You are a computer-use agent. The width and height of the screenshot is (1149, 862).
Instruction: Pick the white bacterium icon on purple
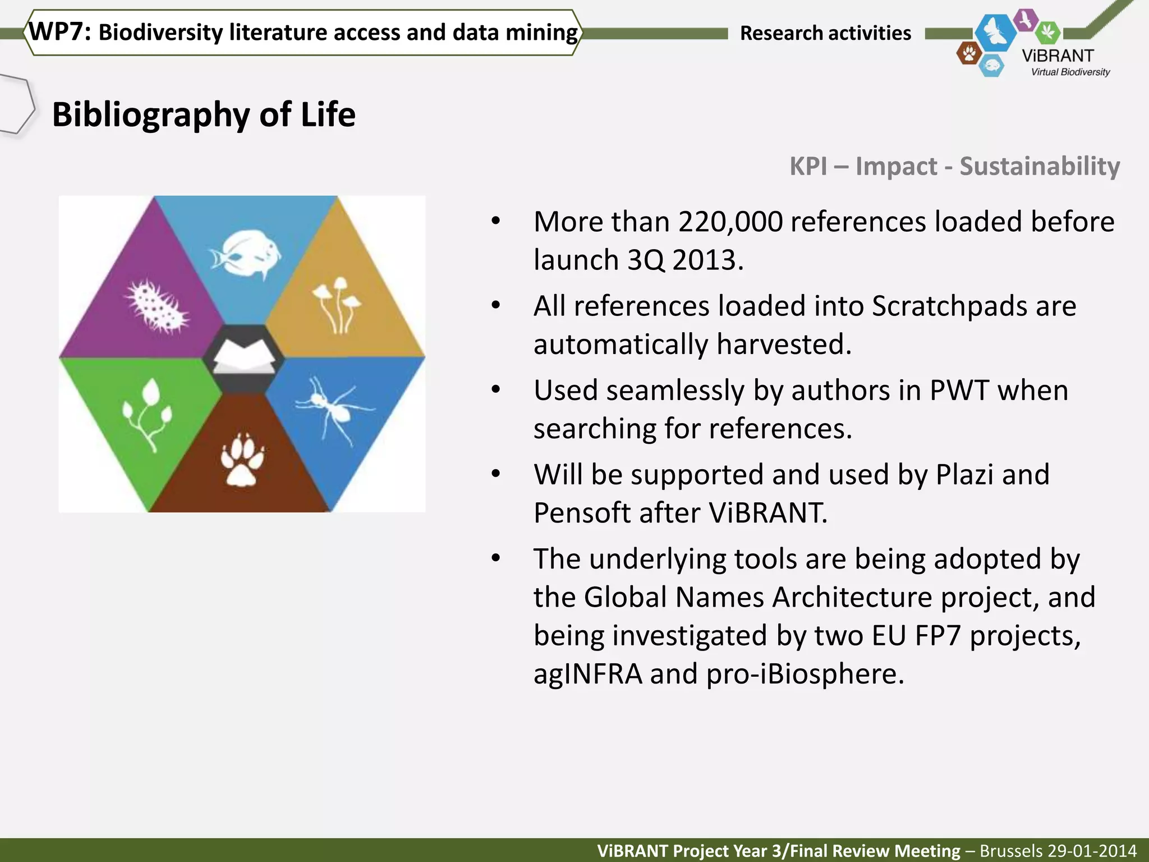pyautogui.click(x=157, y=306)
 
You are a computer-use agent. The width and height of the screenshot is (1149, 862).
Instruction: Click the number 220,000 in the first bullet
pyautogui.click(x=730, y=222)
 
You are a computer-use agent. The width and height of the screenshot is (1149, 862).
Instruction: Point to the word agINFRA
pyautogui.click(x=587, y=674)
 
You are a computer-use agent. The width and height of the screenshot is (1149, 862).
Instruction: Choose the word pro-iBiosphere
pyautogui.click(x=805, y=674)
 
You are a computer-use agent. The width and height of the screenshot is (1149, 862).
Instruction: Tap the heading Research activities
pyautogui.click(x=825, y=33)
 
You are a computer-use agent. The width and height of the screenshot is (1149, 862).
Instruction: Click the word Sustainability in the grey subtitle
pyautogui.click(x=1040, y=166)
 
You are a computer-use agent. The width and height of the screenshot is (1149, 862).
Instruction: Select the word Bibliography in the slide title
pyautogui.click(x=150, y=115)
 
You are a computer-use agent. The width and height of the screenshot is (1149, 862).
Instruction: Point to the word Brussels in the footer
pyautogui.click(x=1006, y=851)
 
